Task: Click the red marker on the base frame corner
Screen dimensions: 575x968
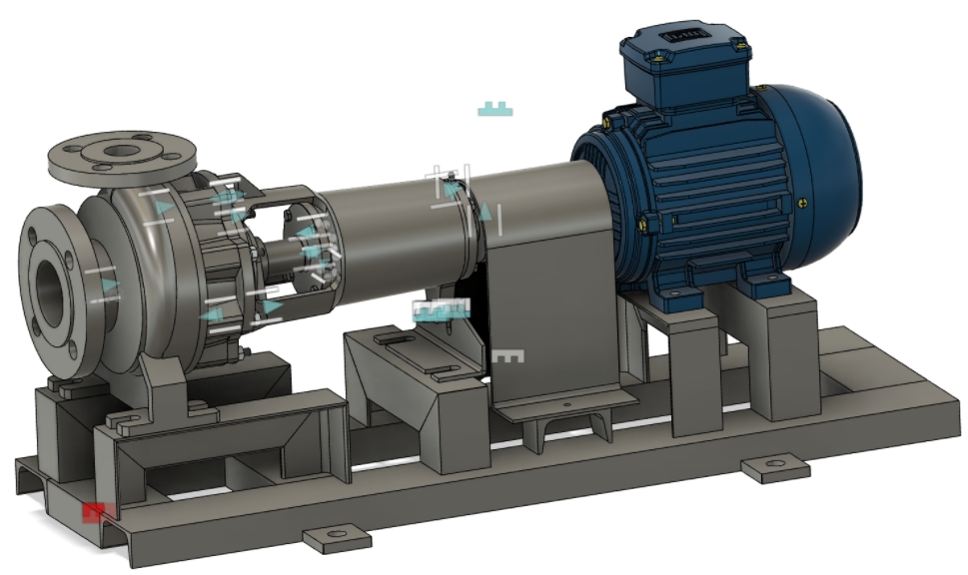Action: click(x=94, y=512)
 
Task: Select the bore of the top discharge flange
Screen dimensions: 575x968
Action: click(x=122, y=152)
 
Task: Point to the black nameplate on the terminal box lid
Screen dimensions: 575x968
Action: click(x=676, y=40)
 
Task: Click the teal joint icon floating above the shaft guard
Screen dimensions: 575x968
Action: click(x=494, y=109)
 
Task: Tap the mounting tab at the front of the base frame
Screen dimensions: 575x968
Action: click(x=337, y=540)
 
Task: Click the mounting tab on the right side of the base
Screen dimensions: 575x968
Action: click(x=774, y=466)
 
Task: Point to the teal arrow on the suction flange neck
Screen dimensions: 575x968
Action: click(x=109, y=286)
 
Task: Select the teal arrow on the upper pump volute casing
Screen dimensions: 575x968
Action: click(x=164, y=208)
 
